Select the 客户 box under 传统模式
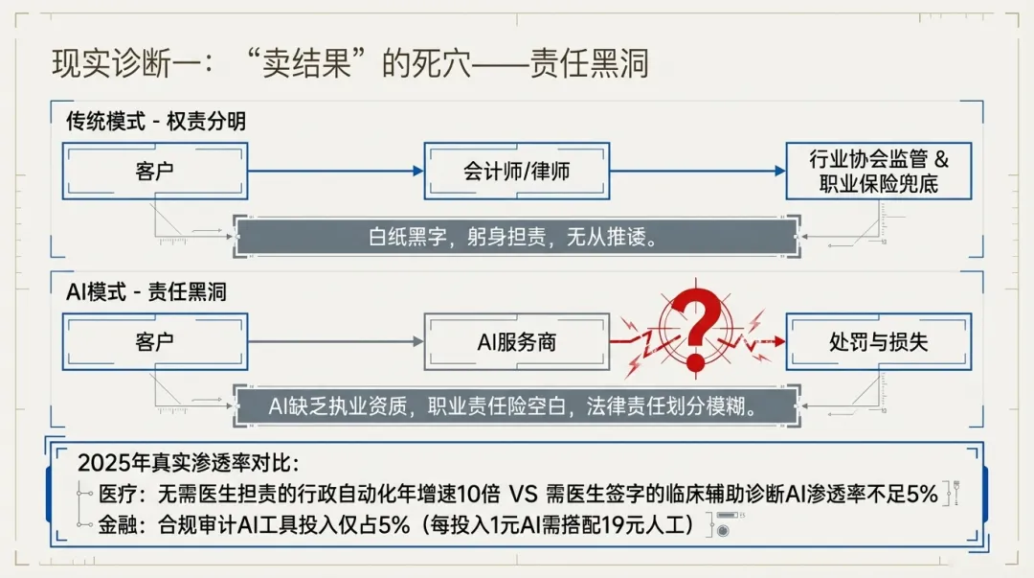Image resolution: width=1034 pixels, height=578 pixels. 155,172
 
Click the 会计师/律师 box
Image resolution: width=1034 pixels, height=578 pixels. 516,172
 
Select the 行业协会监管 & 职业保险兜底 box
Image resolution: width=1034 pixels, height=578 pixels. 878,172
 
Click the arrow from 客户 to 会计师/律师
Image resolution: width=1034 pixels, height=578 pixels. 335,172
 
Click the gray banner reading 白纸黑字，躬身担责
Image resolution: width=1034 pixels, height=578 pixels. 516,238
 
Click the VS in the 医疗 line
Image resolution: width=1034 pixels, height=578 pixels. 523,495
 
